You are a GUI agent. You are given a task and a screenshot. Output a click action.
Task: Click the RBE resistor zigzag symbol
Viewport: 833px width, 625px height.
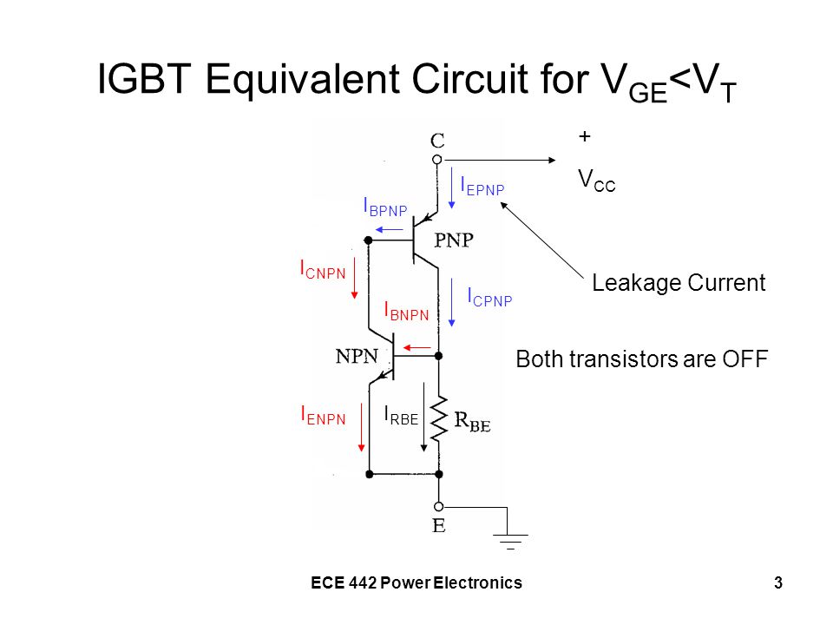(439, 420)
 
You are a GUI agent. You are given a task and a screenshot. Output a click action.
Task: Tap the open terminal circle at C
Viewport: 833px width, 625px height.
(436, 160)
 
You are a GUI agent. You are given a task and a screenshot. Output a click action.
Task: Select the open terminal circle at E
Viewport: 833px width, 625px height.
(439, 507)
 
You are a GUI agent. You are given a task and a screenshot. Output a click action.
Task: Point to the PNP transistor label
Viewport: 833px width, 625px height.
(454, 240)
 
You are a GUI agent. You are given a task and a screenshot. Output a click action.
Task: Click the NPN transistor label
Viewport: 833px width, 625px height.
(357, 356)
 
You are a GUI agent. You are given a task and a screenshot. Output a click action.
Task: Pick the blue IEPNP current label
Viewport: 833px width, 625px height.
(482, 187)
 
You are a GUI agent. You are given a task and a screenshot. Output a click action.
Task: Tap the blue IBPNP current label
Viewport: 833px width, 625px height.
(385, 207)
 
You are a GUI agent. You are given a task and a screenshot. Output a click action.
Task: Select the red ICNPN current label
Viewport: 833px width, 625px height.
(323, 269)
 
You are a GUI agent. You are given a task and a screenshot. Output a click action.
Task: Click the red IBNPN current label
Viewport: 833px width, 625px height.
(406, 312)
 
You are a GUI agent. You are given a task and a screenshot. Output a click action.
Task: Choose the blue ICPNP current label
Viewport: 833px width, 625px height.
(489, 298)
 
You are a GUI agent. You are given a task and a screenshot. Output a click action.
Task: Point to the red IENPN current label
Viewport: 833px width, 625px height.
(324, 415)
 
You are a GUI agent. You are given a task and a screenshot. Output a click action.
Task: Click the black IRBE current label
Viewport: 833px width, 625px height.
(401, 415)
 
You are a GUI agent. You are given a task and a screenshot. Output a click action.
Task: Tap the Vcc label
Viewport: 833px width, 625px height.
(597, 181)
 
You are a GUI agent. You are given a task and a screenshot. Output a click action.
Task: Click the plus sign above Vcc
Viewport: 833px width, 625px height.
(584, 136)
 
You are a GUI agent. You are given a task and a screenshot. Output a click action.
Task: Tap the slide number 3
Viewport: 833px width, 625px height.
(778, 583)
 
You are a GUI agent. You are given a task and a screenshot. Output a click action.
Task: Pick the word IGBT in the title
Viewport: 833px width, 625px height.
(144, 79)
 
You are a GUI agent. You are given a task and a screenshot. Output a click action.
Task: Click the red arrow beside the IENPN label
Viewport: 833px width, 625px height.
(361, 427)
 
